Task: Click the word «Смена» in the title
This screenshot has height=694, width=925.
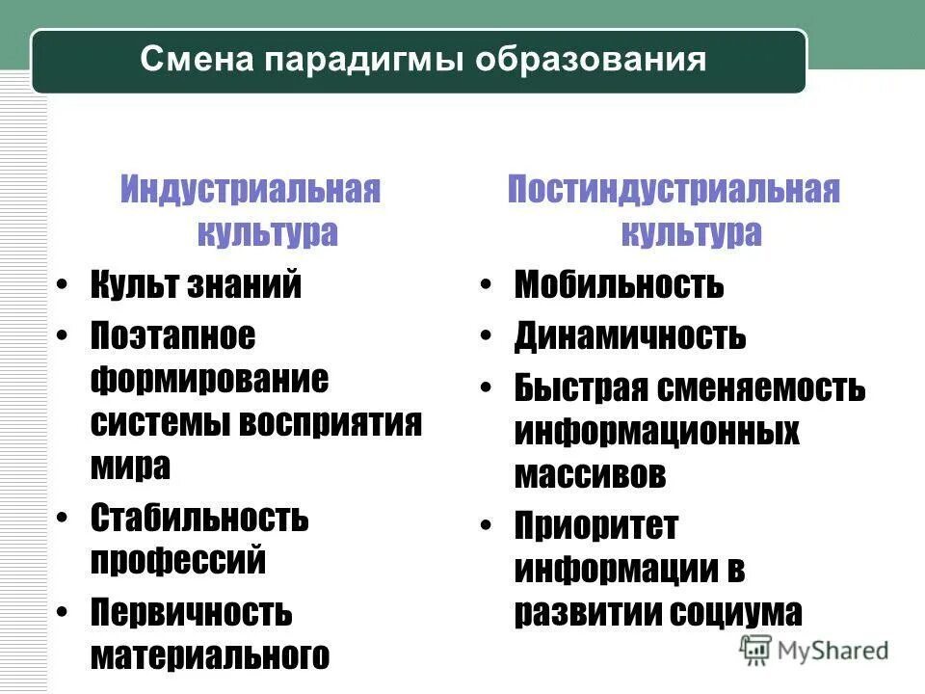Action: tap(195, 61)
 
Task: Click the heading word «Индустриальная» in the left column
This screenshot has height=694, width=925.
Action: tap(251, 189)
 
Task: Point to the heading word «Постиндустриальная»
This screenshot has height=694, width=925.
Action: tap(674, 189)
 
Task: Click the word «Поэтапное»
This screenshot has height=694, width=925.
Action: tap(173, 336)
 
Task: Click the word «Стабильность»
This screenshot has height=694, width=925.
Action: tap(199, 519)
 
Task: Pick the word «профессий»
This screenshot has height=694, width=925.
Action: tap(178, 561)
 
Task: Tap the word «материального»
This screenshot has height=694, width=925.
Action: tap(210, 655)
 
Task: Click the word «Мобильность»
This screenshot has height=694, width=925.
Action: tap(619, 285)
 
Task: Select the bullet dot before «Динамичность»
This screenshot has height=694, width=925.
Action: tap(488, 336)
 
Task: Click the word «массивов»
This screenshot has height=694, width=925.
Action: tap(590, 474)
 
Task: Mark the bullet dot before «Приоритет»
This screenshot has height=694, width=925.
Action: tap(488, 526)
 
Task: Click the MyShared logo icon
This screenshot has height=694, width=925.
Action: tap(755, 649)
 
